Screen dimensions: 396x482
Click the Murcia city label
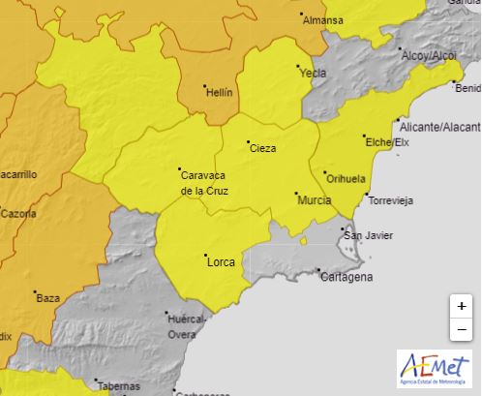tap(315, 199)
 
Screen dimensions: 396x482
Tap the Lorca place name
tap(221, 260)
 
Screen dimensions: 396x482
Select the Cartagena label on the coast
tap(346, 277)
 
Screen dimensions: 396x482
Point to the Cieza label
tap(262, 148)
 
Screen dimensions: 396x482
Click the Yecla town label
tap(313, 73)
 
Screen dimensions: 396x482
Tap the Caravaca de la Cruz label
tap(203, 183)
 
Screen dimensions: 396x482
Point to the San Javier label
tap(367, 234)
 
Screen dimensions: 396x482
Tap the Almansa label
tap(323, 19)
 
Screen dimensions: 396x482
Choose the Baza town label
tap(47, 298)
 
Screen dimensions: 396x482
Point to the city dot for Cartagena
tap(317, 271)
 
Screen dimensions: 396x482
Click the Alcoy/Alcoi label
tap(428, 56)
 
